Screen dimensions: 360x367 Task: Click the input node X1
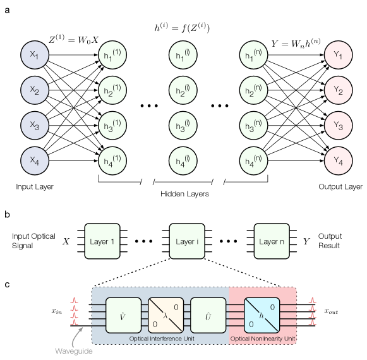pos(34,56)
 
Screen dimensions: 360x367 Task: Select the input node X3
pos(34,126)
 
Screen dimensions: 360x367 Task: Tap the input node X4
pos(34,162)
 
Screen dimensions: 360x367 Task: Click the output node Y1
pos(338,56)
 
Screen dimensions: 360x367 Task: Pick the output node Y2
pos(338,91)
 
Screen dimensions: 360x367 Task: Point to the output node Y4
pos(338,162)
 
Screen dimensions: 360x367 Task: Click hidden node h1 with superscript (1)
pos(112,56)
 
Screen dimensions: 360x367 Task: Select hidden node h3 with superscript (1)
pos(112,126)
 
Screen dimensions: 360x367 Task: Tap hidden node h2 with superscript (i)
pos(183,91)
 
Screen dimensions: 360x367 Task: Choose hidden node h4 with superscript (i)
pos(183,162)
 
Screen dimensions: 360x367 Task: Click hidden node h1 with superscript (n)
pos(254,56)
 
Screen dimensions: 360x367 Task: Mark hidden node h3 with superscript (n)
pos(254,126)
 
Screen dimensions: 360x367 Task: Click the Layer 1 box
pos(102,241)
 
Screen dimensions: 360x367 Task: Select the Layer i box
pos(187,241)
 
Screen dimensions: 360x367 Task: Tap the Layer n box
pos(272,241)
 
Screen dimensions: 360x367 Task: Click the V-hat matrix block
pos(123,315)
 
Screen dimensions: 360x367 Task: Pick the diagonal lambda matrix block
pos(165,315)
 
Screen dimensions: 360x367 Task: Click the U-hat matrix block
pos(208,315)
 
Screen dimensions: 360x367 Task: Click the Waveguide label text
pos(74,351)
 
